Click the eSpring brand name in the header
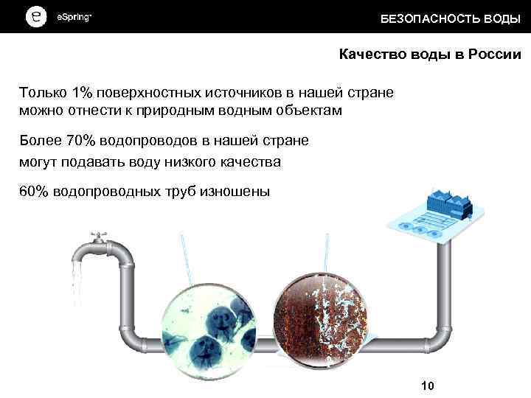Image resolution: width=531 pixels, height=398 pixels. coord(74,17)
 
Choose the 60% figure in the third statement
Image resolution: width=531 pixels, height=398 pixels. coord(34,192)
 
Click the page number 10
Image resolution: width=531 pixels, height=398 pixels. coord(427,385)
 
